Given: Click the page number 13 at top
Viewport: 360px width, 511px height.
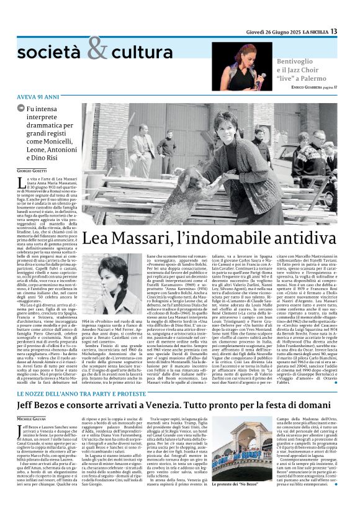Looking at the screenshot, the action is [351, 31].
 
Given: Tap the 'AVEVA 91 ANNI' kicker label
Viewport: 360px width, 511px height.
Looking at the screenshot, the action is [36, 97].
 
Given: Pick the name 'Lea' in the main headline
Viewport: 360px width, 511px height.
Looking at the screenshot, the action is [98, 238].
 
